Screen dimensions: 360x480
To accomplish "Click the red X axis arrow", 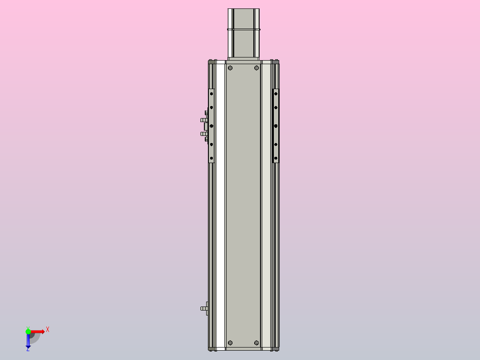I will (38, 331).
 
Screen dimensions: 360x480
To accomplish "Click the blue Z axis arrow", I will (28, 341).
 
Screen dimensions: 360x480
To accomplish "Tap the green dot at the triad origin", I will (28, 331).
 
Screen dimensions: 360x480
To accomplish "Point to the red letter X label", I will (48, 330).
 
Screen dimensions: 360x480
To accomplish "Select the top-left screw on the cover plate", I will (230, 68).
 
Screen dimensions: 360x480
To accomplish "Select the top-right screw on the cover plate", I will (256, 68).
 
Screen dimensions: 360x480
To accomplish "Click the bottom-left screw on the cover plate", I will (230, 343).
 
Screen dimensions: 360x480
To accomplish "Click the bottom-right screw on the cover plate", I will (256, 343).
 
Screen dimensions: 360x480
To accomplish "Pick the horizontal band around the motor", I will (244, 29).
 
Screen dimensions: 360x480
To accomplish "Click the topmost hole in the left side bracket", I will (212, 94).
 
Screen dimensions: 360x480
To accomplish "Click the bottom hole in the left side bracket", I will (212, 158).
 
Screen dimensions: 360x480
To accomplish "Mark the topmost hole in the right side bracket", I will (276, 94).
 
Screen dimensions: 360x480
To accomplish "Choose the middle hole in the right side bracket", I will (276, 126).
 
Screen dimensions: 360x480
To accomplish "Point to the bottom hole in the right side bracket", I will (276, 158).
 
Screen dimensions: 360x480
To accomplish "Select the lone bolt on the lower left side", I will (204, 308).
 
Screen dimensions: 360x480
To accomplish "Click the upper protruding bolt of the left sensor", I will (203, 120).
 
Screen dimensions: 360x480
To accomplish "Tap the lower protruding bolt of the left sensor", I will (203, 134).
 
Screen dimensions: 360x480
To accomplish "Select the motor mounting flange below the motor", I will (244, 58).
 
